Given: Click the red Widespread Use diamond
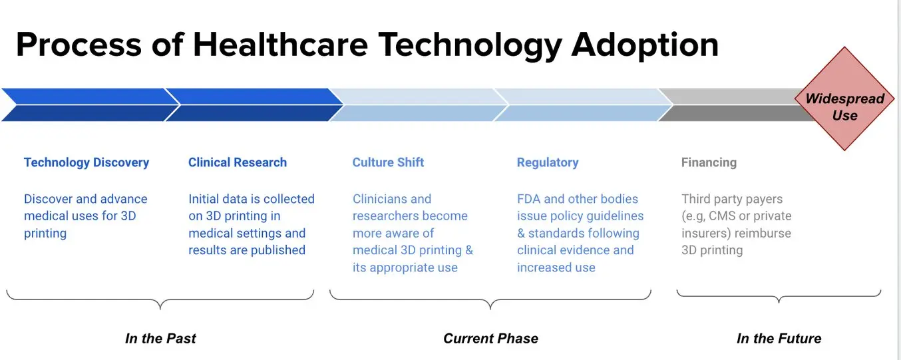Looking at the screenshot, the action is pos(844,98).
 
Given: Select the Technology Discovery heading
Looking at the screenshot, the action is pos(87,162).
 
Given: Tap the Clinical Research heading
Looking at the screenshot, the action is pos(238,162).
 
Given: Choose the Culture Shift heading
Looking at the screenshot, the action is pos(388,162).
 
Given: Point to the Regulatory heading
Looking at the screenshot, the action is pos(548,162).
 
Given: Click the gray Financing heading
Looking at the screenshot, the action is pos(709,162).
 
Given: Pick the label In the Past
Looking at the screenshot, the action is pos(160,338).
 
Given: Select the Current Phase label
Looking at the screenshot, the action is pos(490,338).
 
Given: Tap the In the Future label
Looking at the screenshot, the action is pos(779,338).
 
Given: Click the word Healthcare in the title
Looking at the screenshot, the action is pos(280,45).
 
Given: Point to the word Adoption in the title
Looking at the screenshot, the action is pos(645,45).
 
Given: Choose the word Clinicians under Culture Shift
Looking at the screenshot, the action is pos(380,199).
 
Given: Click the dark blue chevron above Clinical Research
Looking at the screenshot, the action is pos(254,104).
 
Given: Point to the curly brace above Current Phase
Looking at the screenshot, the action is pos(490,299).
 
